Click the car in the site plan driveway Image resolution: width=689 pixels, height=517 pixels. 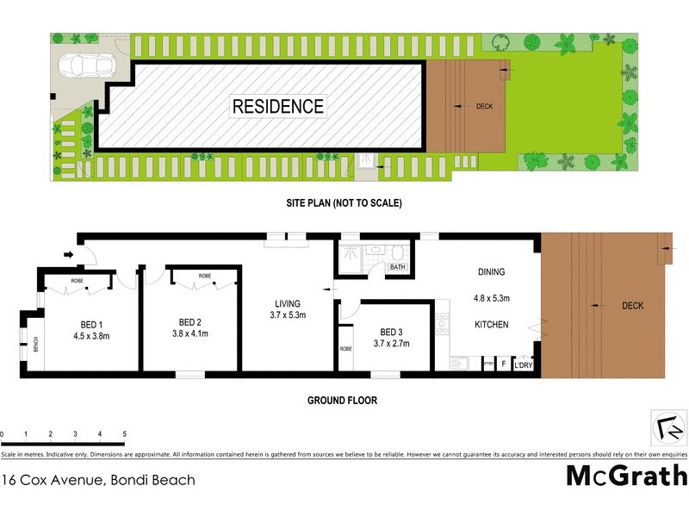(83, 66)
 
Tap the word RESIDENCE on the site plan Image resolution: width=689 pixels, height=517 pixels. (278, 107)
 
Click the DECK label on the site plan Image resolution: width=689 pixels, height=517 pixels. (485, 107)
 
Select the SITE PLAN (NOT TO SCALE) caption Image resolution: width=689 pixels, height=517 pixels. (344, 204)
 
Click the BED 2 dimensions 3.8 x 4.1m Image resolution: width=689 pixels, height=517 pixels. (191, 333)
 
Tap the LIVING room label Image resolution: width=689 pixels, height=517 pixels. (287, 303)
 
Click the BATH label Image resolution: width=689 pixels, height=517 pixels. (397, 267)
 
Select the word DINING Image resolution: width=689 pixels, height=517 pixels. (492, 272)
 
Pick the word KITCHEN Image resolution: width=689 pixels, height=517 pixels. (492, 325)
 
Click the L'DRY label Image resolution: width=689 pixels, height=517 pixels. (525, 366)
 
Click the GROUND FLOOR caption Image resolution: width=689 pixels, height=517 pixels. (343, 401)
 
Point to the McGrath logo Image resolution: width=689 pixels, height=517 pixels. (626, 475)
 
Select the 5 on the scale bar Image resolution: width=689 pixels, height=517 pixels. (125, 434)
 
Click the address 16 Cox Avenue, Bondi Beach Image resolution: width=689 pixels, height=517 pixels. (98, 480)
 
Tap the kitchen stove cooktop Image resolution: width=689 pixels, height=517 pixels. (443, 323)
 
